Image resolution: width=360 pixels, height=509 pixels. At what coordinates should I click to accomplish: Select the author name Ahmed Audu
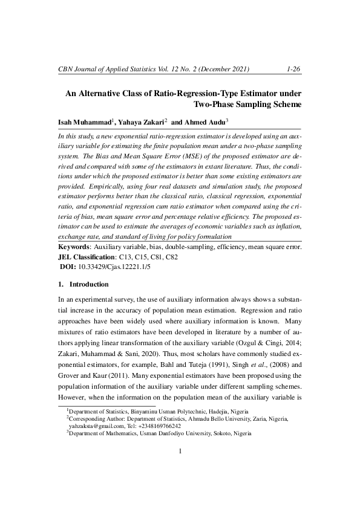click(203, 122)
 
